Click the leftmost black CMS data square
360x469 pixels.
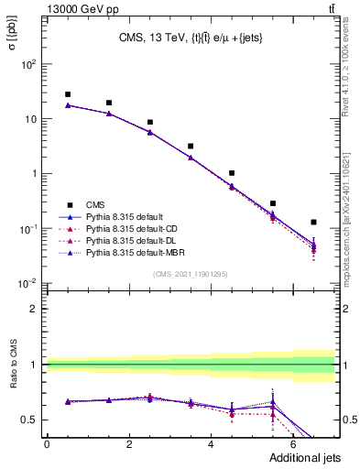coord(68,94)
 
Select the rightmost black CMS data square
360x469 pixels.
coord(314,222)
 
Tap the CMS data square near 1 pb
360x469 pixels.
coord(232,173)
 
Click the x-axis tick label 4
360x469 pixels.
coord(212,446)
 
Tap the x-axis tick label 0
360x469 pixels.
coord(47,446)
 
